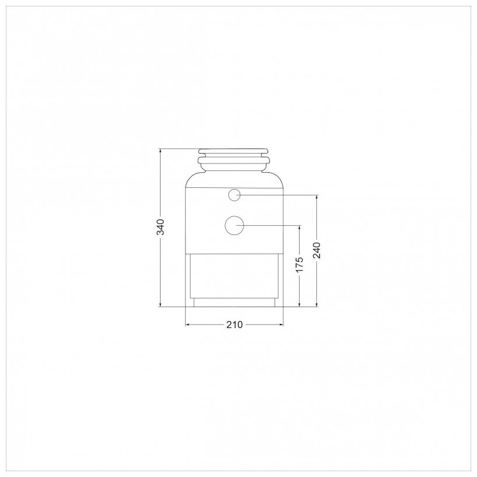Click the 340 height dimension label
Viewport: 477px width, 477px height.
161,227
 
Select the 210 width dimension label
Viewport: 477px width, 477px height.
234,325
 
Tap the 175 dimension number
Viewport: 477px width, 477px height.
300,265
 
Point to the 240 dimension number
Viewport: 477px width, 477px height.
316,250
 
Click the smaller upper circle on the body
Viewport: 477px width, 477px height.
234,195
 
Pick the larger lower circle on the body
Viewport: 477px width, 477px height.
234,226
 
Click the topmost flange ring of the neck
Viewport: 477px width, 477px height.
233,151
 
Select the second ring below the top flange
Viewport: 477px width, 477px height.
233,160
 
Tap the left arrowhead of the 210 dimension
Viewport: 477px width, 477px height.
187,325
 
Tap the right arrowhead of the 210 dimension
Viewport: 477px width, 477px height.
282,325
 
